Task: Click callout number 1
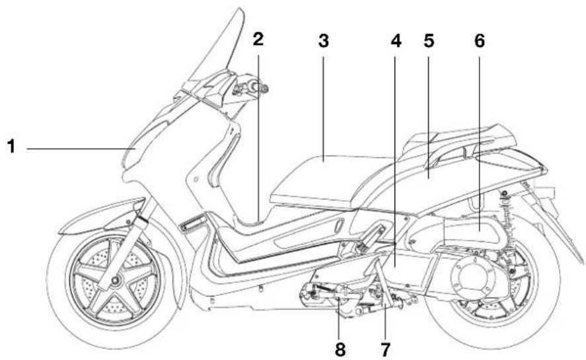click(12, 146)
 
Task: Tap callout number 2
click(258, 39)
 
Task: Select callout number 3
click(324, 41)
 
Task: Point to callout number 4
click(396, 41)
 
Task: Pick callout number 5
click(429, 41)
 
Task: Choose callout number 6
click(480, 41)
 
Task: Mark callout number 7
click(385, 349)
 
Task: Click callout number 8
click(340, 349)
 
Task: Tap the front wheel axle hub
click(115, 280)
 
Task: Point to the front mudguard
click(101, 216)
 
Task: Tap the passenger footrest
click(370, 236)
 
